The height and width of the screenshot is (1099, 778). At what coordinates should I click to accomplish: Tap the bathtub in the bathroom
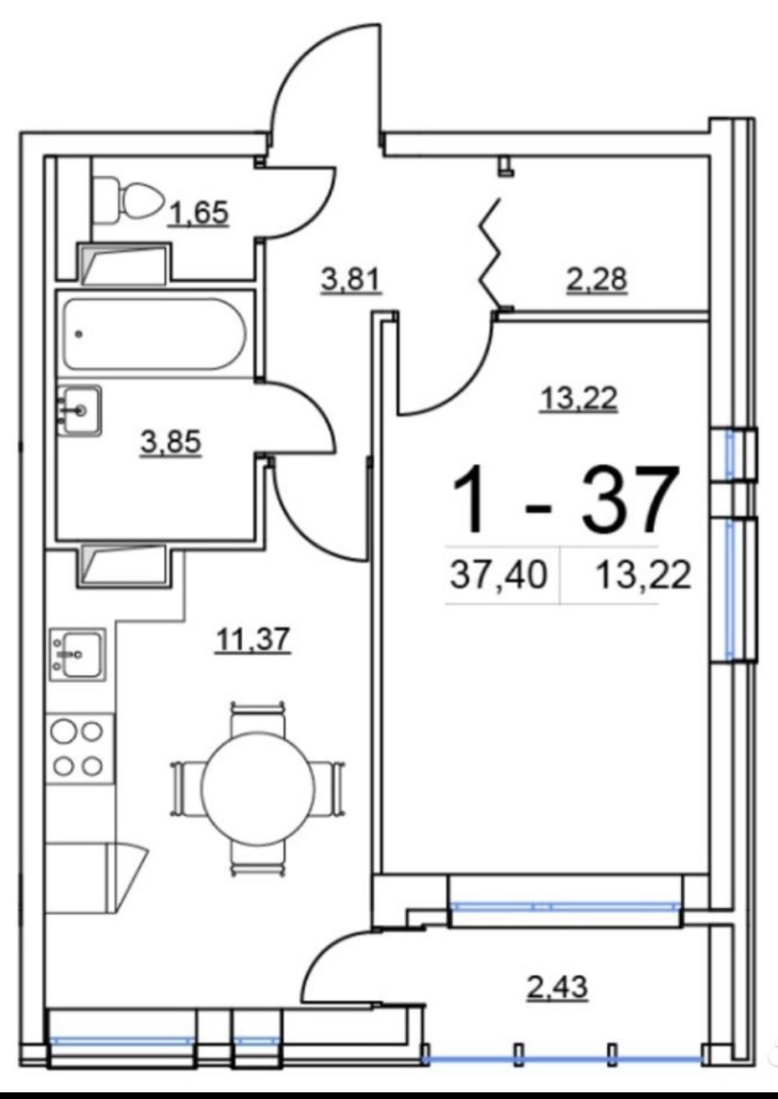[154, 333]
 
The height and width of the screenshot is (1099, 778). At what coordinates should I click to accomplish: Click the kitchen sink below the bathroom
[77, 653]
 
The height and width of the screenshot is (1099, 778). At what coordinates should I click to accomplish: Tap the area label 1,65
[198, 214]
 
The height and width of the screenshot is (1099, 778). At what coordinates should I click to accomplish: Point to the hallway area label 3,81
[351, 280]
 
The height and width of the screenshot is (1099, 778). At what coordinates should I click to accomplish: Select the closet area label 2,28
[596, 279]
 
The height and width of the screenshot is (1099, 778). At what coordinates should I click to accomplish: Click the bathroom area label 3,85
[171, 441]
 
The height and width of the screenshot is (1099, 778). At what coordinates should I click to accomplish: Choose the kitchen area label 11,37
[252, 640]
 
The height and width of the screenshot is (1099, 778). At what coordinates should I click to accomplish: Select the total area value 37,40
[498, 575]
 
